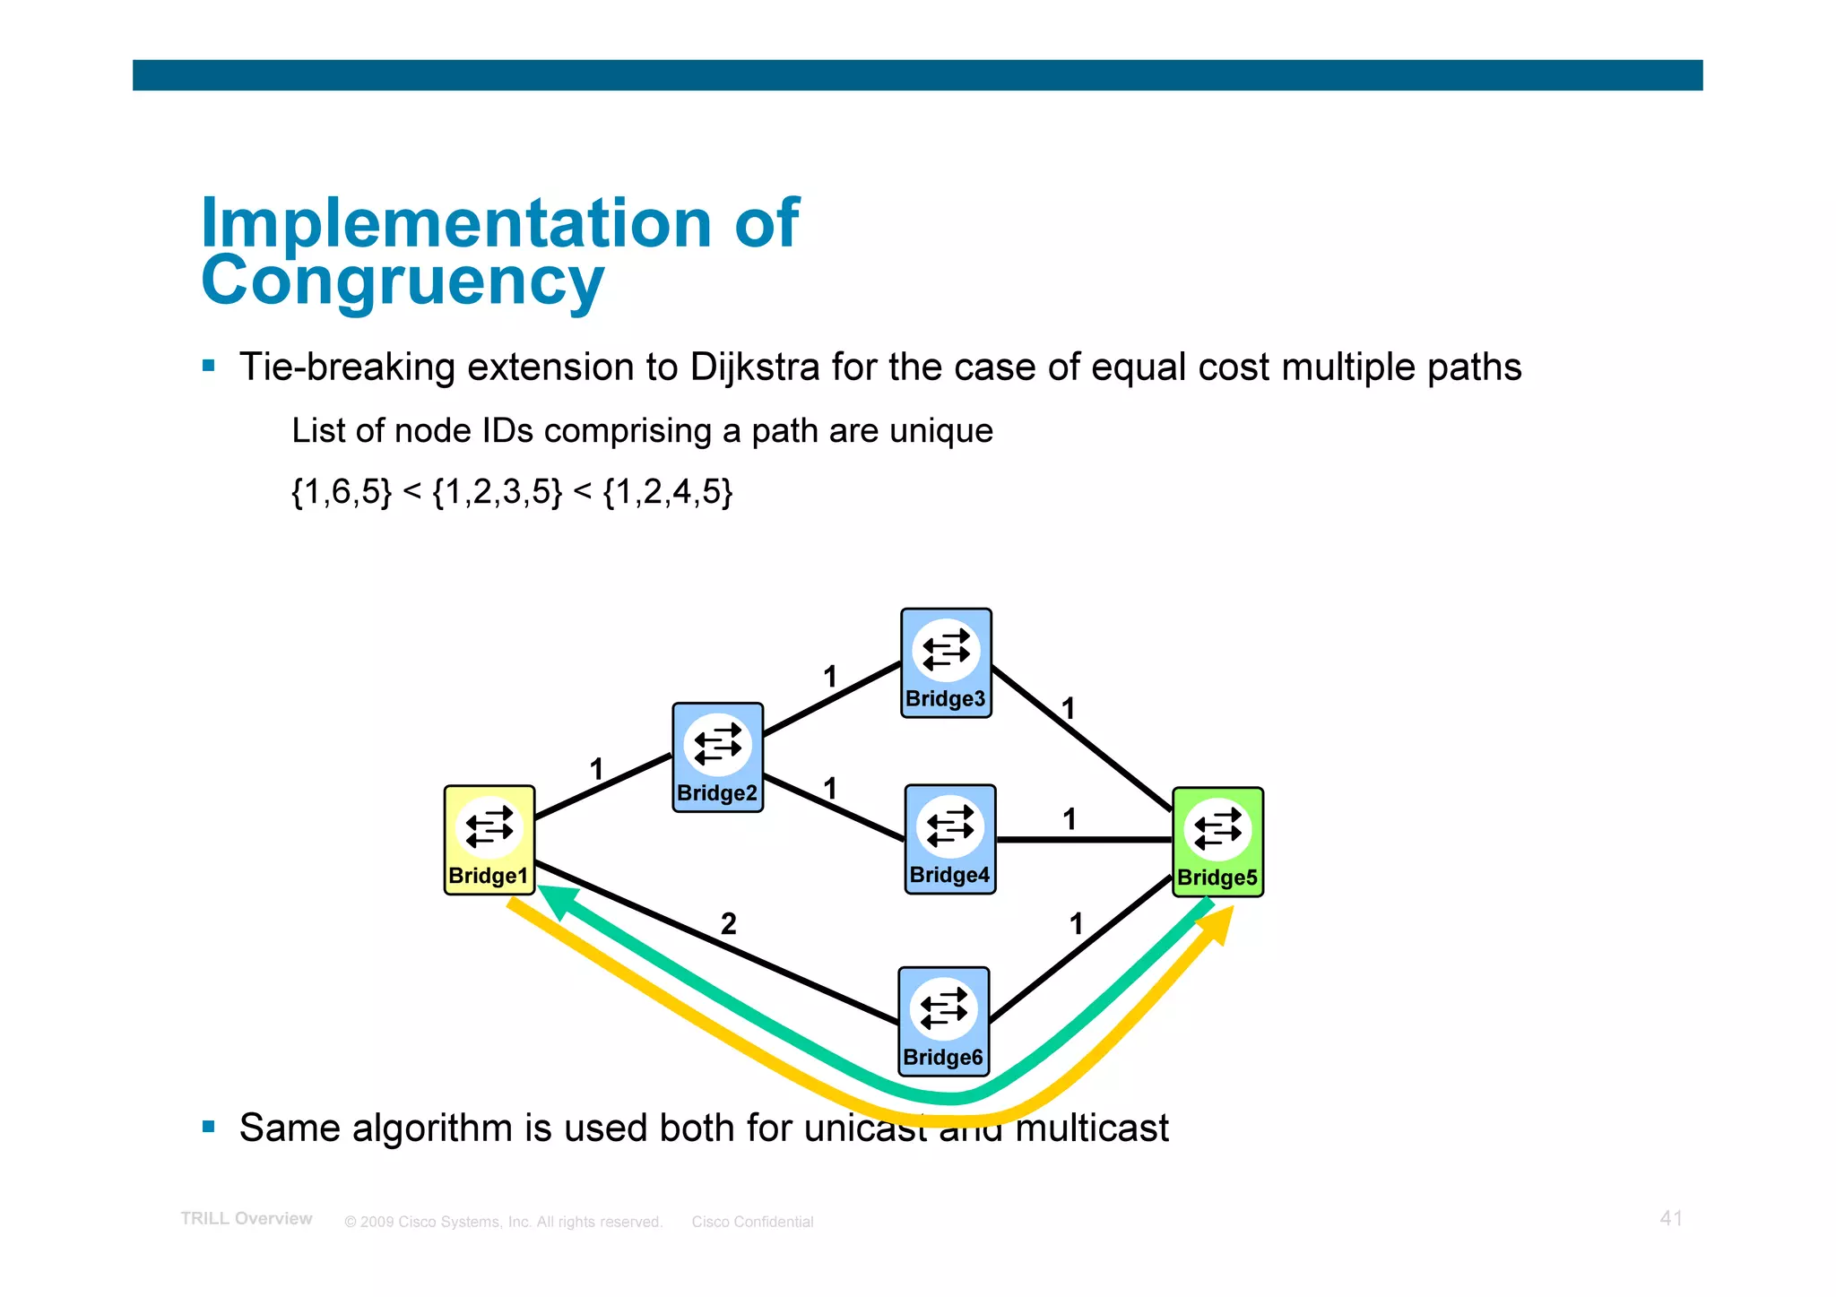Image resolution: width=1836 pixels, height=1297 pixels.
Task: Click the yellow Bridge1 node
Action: [x=489, y=840]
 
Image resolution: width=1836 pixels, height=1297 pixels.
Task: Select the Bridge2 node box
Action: [x=717, y=757]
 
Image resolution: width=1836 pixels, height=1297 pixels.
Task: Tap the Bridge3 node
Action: [x=946, y=663]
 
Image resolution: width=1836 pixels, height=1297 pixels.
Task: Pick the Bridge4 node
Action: [x=949, y=839]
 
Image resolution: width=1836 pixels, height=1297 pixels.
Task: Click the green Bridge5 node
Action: [x=1217, y=842]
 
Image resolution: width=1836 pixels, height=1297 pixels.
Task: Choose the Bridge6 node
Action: [x=943, y=1021]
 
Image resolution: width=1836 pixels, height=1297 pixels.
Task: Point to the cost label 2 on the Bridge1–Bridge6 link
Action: [x=728, y=923]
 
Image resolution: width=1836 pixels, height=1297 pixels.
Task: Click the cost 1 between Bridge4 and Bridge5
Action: [x=1069, y=819]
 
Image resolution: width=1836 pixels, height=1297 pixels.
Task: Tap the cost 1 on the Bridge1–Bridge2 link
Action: [x=596, y=769]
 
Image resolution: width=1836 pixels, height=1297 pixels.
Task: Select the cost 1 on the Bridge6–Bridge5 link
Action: [x=1076, y=924]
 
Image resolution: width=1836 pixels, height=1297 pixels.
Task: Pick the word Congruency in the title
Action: [x=403, y=281]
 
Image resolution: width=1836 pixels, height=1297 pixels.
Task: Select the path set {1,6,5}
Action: [x=342, y=492]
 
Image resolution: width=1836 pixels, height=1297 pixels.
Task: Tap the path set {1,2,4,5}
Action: [x=668, y=492]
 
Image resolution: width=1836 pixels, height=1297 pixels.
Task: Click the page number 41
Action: [x=1670, y=1218]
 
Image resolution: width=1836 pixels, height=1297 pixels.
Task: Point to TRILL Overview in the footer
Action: [x=247, y=1219]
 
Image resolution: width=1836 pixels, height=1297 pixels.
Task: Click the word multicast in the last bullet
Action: [x=1091, y=1128]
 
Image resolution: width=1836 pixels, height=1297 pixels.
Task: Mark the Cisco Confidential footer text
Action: [x=752, y=1222]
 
